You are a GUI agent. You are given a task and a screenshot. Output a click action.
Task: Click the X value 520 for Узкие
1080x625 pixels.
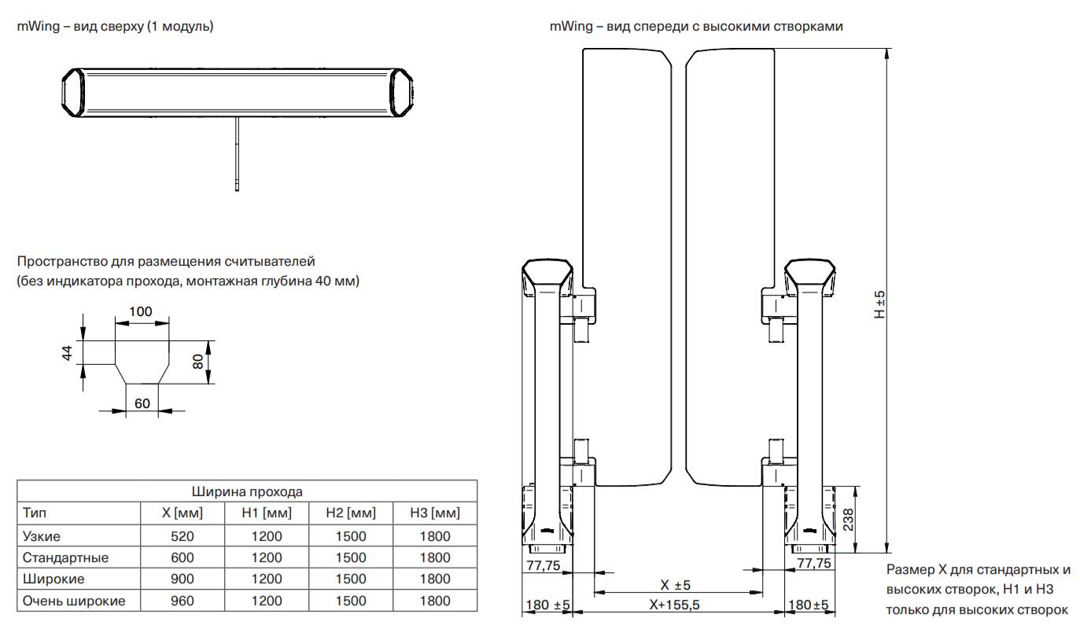pyautogui.click(x=182, y=536)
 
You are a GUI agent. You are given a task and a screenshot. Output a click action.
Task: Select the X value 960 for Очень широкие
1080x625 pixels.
pyautogui.click(x=182, y=601)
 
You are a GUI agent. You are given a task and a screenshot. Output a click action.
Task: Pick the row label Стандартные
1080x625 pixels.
pyautogui.click(x=66, y=557)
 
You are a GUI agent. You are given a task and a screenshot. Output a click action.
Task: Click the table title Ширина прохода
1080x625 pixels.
pyautogui.click(x=247, y=491)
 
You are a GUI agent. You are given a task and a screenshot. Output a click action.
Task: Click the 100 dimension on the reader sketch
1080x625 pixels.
pyautogui.click(x=141, y=311)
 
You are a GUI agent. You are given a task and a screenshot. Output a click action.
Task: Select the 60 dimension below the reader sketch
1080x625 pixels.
pyautogui.click(x=142, y=403)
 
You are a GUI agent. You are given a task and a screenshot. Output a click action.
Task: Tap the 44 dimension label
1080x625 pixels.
pyautogui.click(x=68, y=353)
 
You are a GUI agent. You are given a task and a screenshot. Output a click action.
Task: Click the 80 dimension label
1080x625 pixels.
pyautogui.click(x=199, y=362)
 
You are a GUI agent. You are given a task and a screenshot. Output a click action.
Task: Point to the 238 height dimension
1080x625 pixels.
pyautogui.click(x=848, y=520)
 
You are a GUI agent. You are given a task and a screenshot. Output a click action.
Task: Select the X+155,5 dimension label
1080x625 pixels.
pyautogui.click(x=674, y=605)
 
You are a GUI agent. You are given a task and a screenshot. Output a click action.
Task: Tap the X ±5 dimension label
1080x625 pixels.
pyautogui.click(x=674, y=585)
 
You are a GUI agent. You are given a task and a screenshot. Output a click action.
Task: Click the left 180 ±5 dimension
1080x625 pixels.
pyautogui.click(x=546, y=605)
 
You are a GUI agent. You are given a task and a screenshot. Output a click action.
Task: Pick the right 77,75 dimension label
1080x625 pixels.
pyautogui.click(x=813, y=563)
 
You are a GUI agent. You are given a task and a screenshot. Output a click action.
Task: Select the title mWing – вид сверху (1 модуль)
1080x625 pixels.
pyautogui.click(x=116, y=26)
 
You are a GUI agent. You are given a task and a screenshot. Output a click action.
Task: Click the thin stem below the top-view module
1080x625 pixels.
pyautogui.click(x=236, y=153)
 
